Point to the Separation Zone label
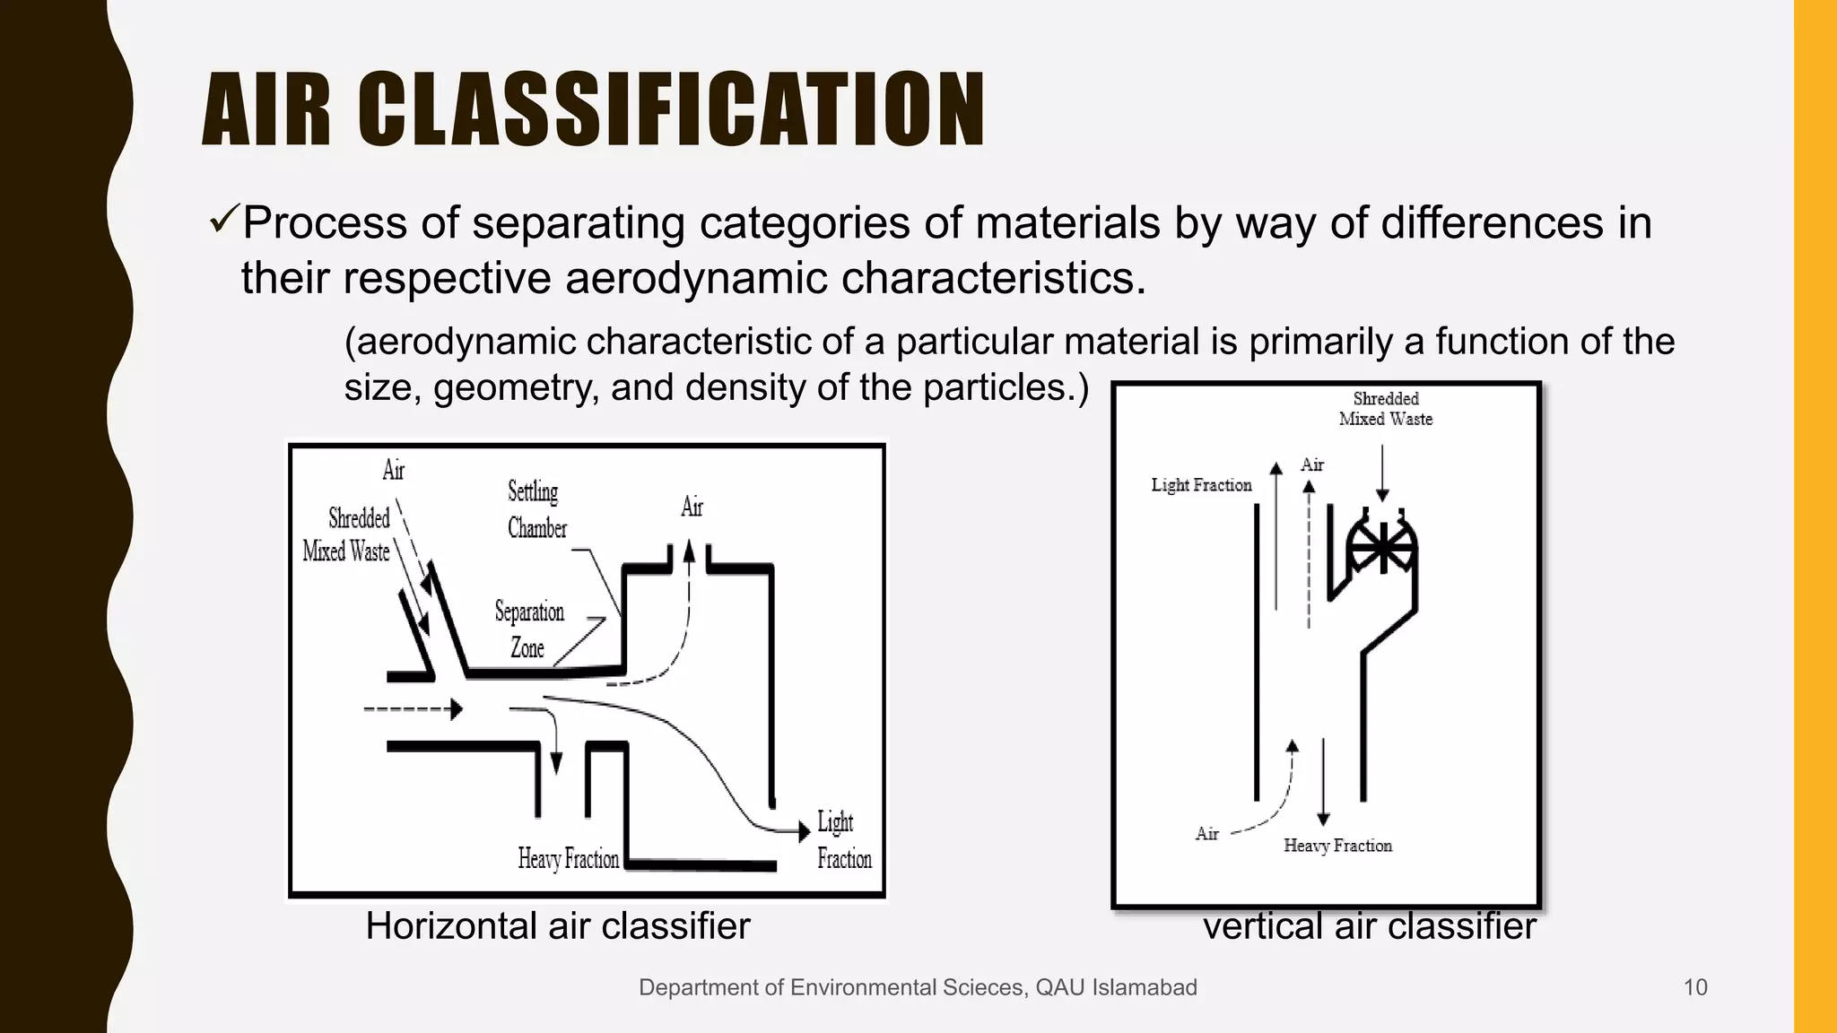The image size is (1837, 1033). (529, 629)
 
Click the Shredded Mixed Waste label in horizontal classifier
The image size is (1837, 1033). (348, 534)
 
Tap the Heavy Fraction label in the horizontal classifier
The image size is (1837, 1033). (568, 859)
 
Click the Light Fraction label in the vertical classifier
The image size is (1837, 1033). (1201, 485)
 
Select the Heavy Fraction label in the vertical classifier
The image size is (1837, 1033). (1337, 846)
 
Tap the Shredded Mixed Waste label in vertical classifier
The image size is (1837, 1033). (1386, 409)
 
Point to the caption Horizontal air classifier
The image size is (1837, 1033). (557, 926)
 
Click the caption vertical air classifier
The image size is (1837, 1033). (1369, 926)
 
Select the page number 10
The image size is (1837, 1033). (1695, 987)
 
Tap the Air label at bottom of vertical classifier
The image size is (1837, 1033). (1206, 834)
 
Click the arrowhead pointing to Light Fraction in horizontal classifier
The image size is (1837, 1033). (804, 831)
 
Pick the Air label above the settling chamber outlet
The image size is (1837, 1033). (692, 508)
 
